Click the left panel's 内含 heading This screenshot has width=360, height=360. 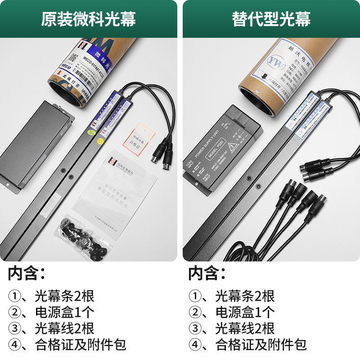pos(27,273)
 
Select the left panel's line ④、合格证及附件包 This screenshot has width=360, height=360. pos(67,345)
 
